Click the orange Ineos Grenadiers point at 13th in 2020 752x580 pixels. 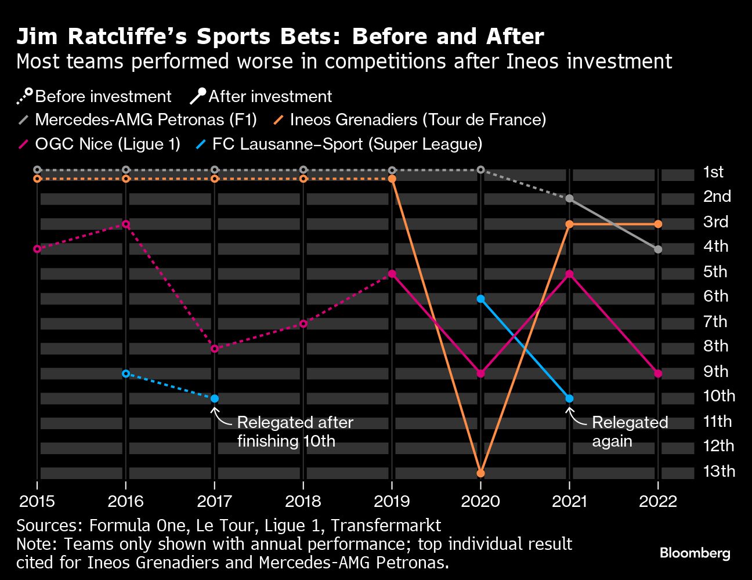480,473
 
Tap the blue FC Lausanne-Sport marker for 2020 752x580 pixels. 480,299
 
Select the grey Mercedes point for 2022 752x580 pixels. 658,249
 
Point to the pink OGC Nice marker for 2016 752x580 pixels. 126,224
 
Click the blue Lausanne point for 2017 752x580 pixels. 215,398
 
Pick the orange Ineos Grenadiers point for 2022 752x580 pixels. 658,224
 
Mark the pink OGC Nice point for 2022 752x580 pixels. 658,374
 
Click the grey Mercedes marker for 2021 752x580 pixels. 569,199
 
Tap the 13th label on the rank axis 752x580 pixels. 719,471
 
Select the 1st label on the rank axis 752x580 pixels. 713,172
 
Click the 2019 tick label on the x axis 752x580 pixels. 392,501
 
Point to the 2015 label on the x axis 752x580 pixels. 37,501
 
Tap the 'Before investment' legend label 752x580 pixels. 103,96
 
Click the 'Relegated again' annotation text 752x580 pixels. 629,432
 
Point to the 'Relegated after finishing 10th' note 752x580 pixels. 295,432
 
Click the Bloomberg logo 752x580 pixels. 695,553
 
